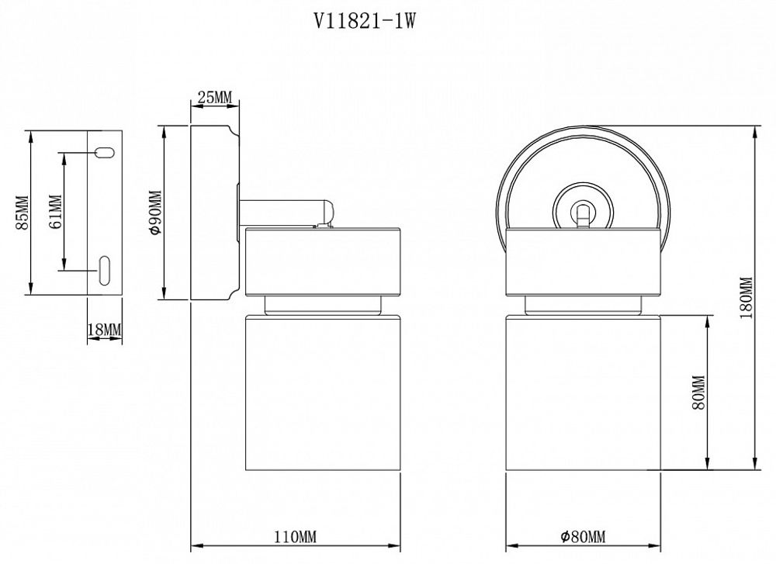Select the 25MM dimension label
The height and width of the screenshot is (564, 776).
pyautogui.click(x=214, y=97)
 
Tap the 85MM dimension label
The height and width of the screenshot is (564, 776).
pyautogui.click(x=22, y=213)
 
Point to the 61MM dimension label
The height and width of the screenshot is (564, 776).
pyautogui.click(x=55, y=212)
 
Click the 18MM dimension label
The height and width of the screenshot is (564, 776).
pyautogui.click(x=105, y=330)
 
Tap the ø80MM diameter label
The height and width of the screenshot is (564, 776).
pyautogui.click(x=582, y=537)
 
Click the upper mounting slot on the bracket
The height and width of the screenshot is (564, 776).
pyautogui.click(x=103, y=152)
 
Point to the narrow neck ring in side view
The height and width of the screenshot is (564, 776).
pyautogui.click(x=322, y=305)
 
